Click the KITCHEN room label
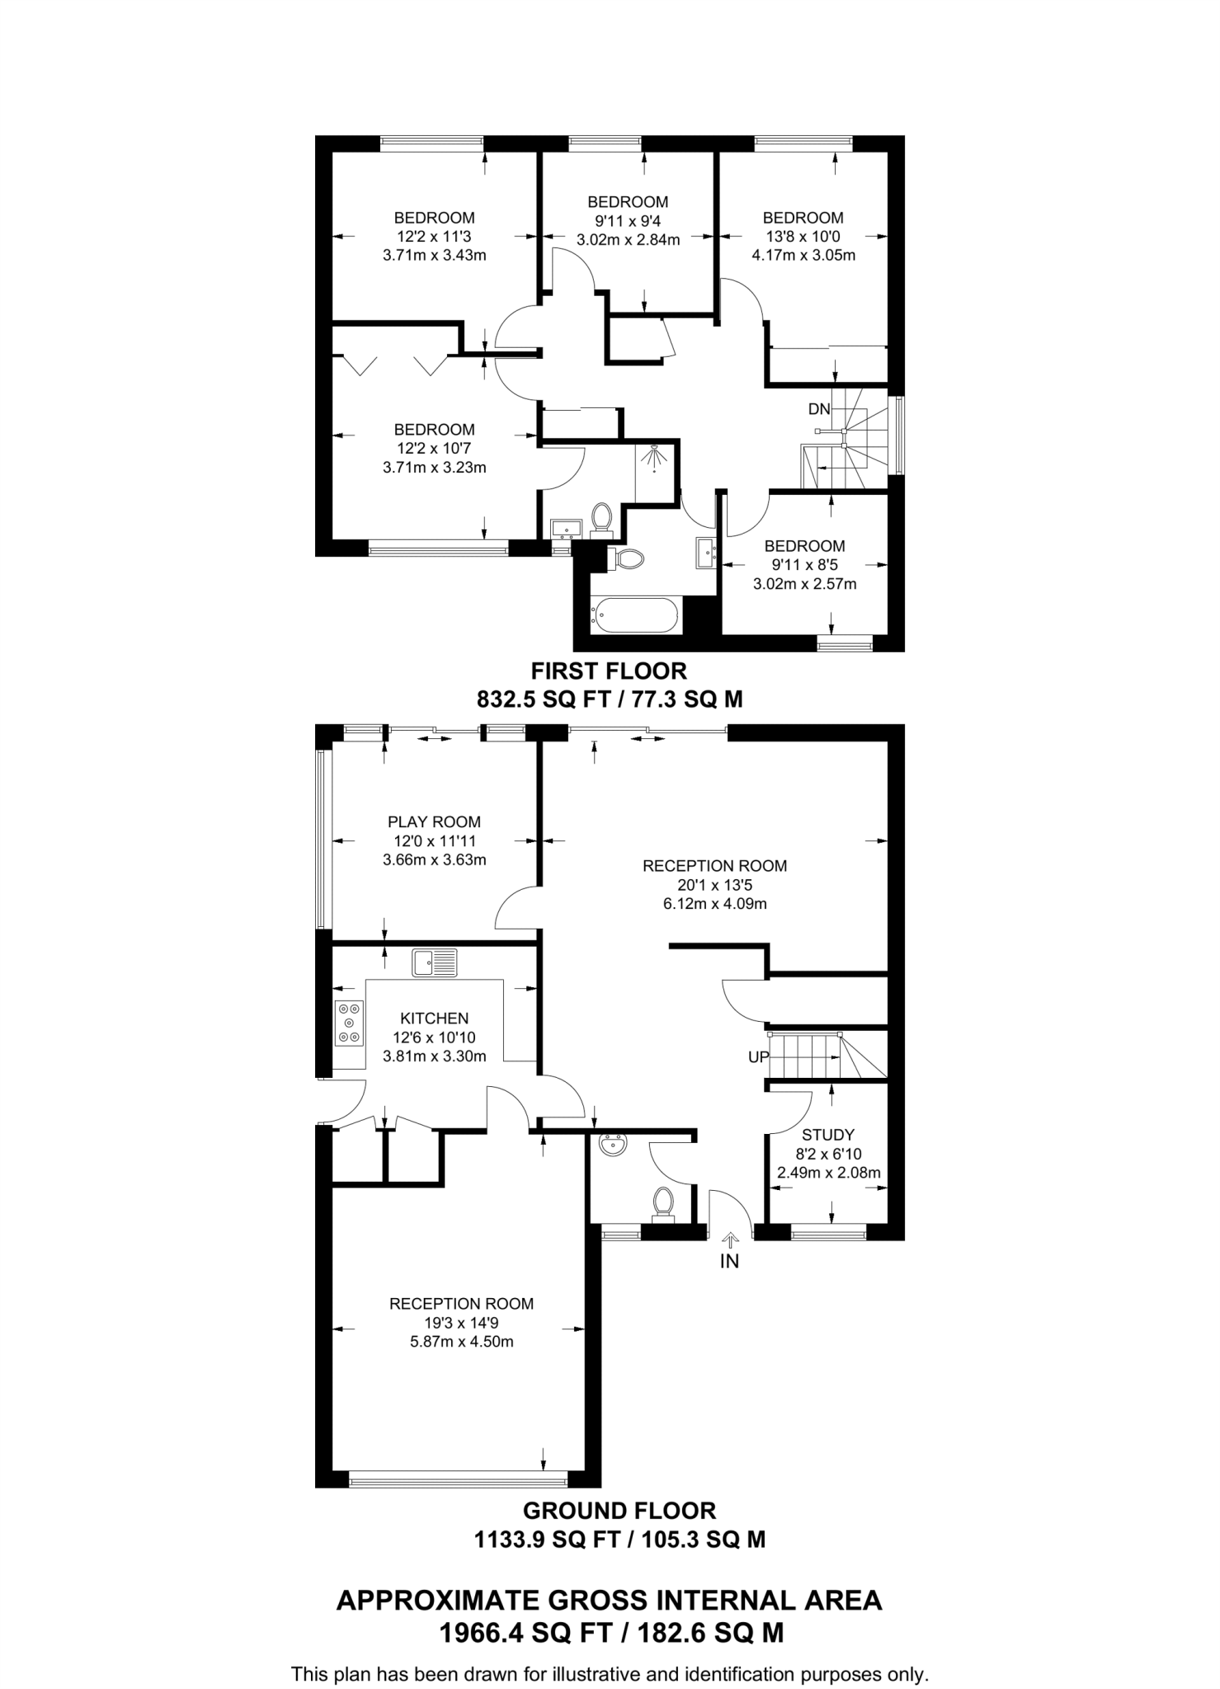(434, 1019)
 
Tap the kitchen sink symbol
(435, 962)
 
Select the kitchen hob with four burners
(350, 1023)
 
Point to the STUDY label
(827, 1135)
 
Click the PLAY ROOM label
(434, 821)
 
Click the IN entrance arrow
(730, 1240)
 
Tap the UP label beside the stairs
(758, 1057)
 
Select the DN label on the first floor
(818, 409)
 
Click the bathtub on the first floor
(636, 615)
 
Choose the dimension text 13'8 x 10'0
(803, 237)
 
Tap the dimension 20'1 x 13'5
(714, 885)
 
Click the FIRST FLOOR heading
(609, 671)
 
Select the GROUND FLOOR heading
(619, 1511)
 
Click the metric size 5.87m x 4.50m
(461, 1342)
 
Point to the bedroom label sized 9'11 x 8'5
(804, 546)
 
